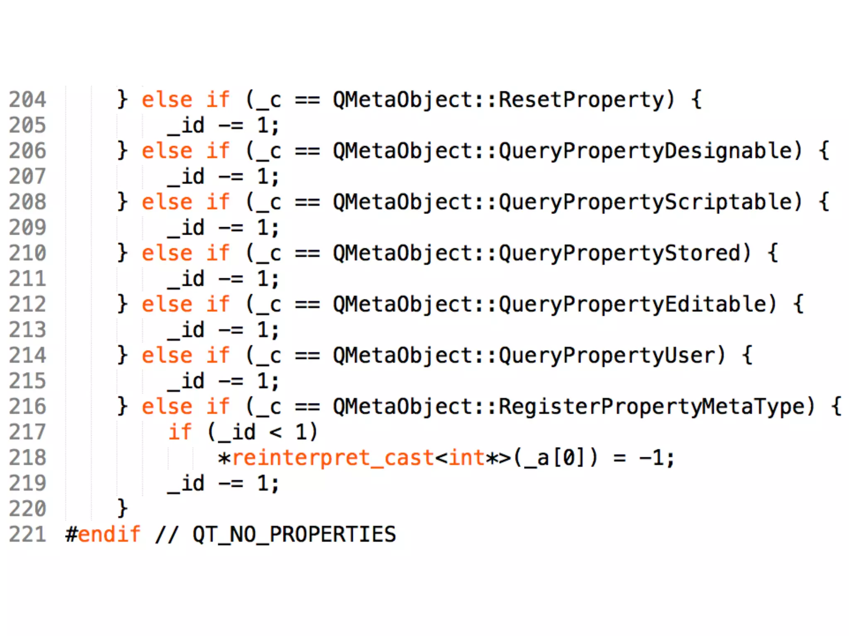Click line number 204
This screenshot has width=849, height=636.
pos(27,100)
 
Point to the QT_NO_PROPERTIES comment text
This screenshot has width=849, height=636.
pos(294,534)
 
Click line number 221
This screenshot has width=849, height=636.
pos(27,534)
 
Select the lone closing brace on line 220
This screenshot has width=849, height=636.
pos(122,508)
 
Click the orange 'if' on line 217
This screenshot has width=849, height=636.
pos(180,432)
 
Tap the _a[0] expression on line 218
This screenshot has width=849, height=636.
pos(555,458)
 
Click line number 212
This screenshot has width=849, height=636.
pos(27,304)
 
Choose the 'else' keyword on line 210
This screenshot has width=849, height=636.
pos(167,253)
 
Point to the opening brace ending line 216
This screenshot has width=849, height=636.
pos(837,407)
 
